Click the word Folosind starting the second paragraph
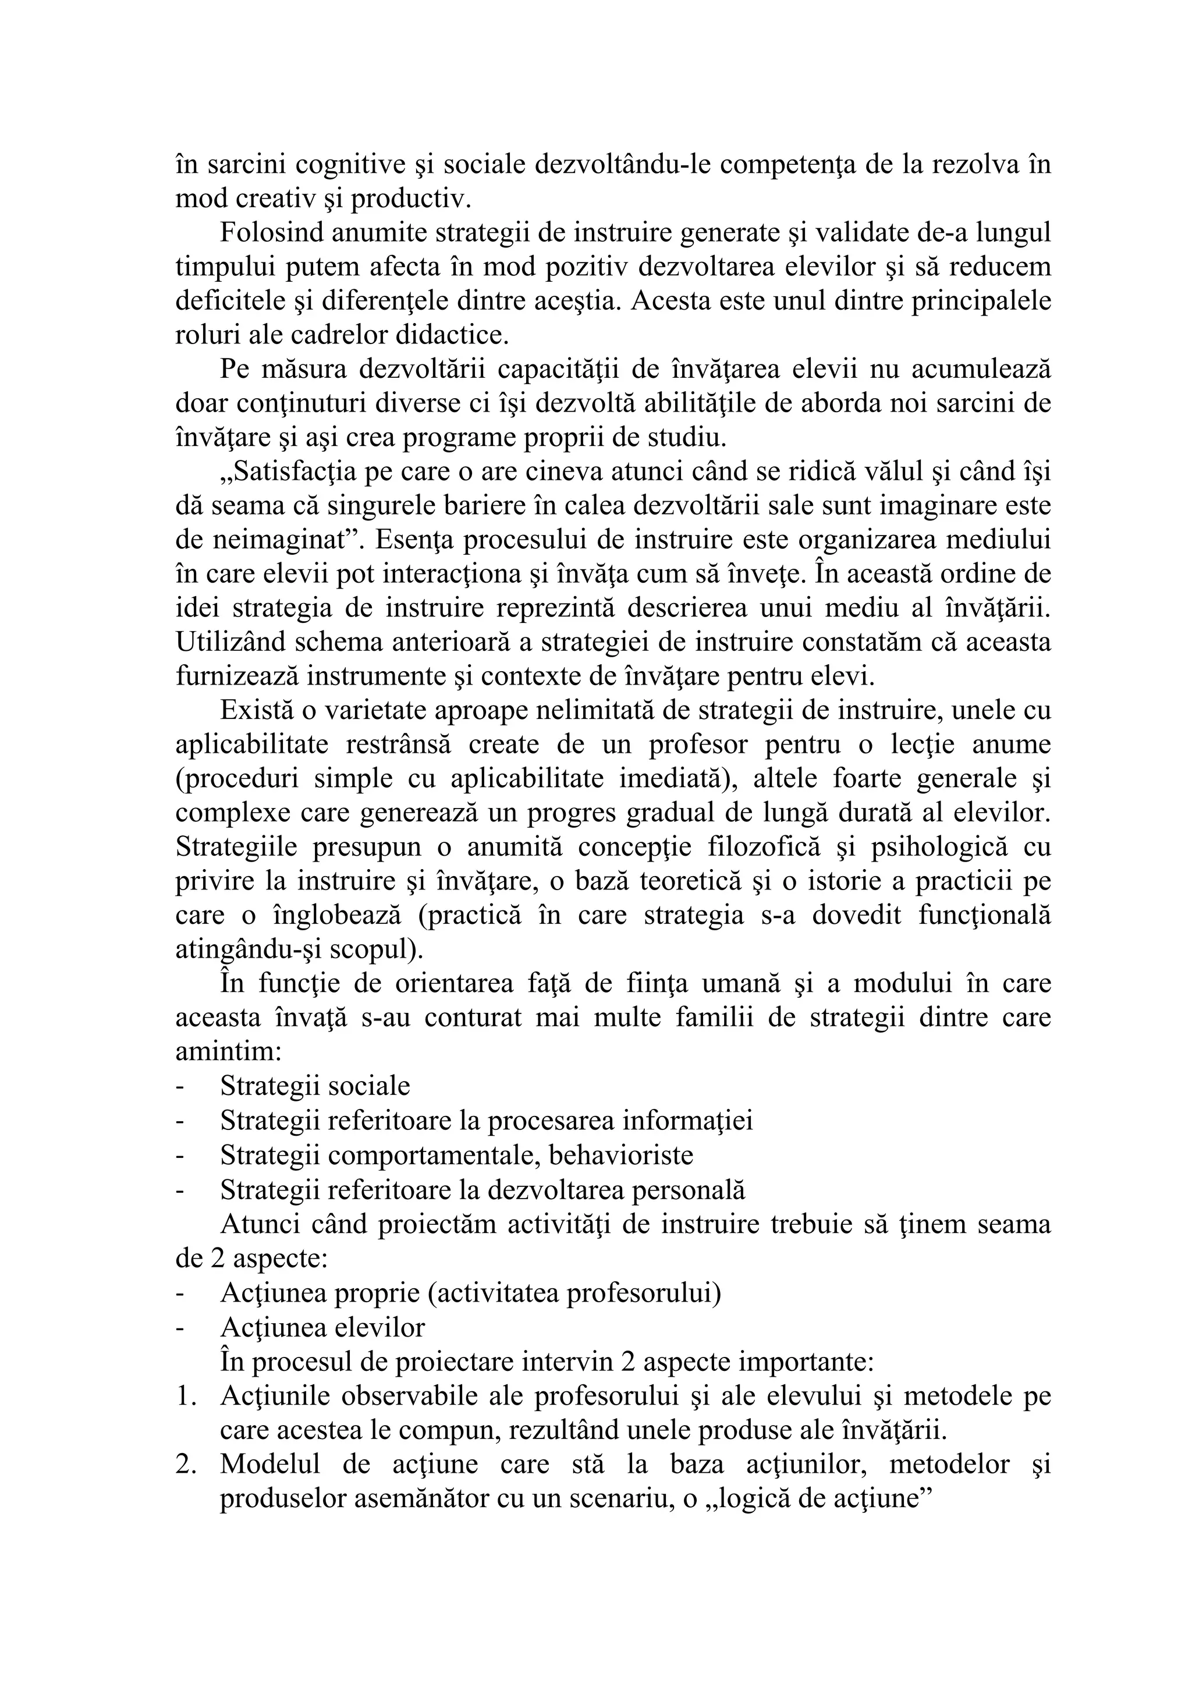tap(271, 234)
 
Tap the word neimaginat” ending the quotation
tap(285, 541)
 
